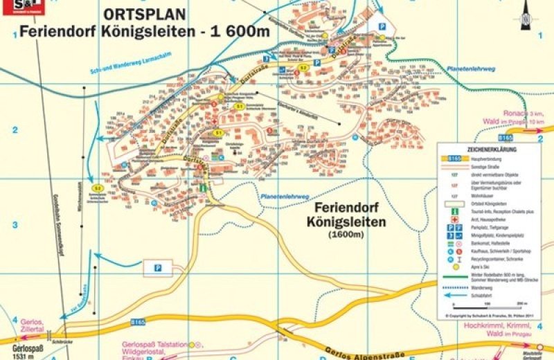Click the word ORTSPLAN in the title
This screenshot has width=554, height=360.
[144, 14]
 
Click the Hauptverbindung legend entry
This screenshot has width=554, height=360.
[485, 158]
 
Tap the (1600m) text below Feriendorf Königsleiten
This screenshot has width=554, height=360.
[346, 235]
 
